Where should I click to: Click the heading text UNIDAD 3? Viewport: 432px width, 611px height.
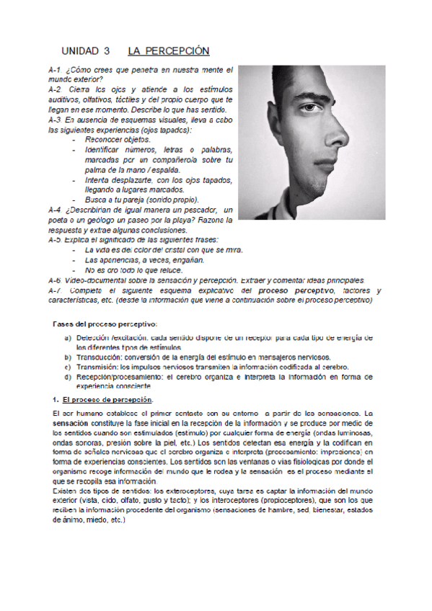tap(86, 51)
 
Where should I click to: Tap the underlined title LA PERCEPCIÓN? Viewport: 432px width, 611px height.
tap(168, 51)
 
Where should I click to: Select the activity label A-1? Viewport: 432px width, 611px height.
tap(54, 70)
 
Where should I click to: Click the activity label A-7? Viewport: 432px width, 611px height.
tap(55, 290)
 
